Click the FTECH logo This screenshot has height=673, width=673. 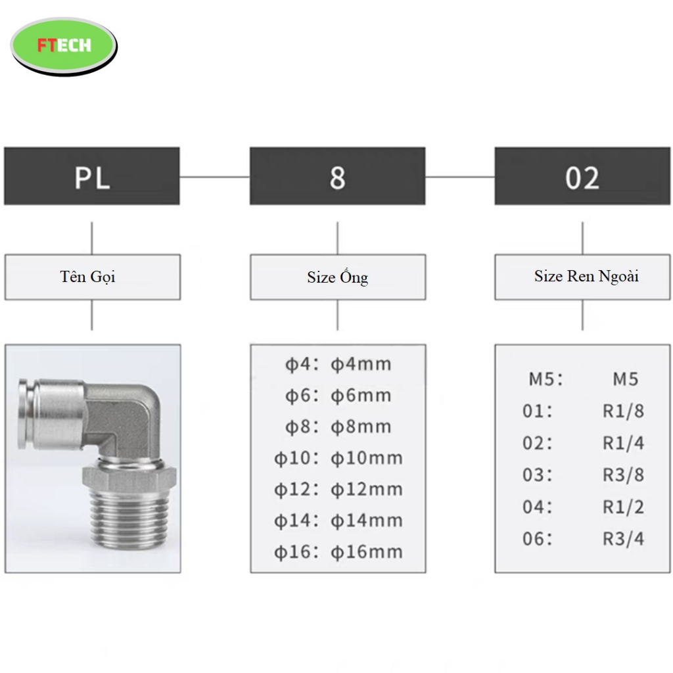coord(64,45)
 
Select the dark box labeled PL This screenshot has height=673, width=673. coord(92,176)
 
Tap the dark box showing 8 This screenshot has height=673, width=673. coord(337,176)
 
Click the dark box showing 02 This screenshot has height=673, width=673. coord(582,176)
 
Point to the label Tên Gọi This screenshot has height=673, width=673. coord(87,277)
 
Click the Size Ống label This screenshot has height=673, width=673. coord(338,277)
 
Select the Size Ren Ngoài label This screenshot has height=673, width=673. coord(586,276)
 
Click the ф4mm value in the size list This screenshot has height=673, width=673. coord(361,364)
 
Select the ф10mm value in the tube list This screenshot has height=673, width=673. coord(367,458)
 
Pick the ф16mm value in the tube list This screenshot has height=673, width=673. coord(367,552)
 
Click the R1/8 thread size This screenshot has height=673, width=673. coord(624,411)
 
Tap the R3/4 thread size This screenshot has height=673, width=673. coord(624,539)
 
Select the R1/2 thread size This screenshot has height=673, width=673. coord(624,507)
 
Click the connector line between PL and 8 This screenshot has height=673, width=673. coord(215,176)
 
